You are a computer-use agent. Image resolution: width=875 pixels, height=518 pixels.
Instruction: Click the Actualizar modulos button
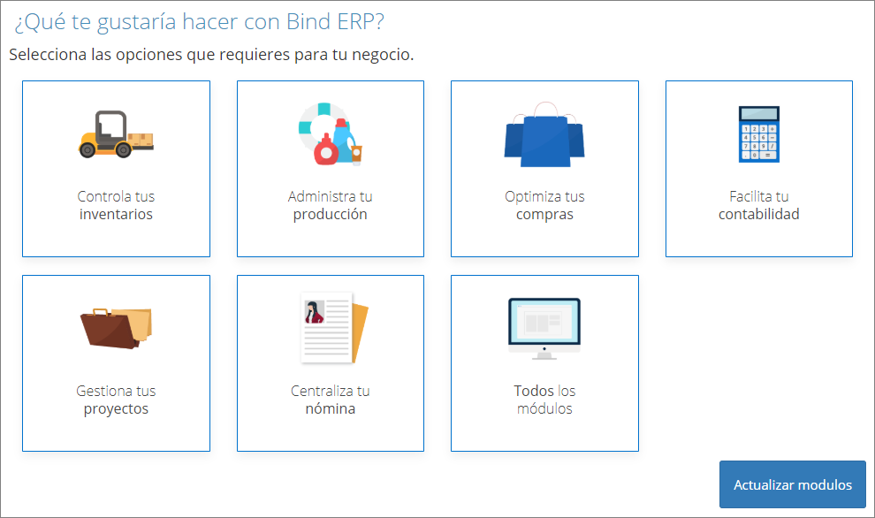pyautogui.click(x=793, y=484)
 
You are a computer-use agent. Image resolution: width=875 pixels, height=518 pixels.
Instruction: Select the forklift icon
pyautogui.click(x=116, y=134)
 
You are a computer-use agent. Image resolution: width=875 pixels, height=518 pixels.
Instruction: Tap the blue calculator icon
pyautogui.click(x=759, y=134)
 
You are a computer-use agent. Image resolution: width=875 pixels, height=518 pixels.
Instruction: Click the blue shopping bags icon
pyautogui.click(x=544, y=134)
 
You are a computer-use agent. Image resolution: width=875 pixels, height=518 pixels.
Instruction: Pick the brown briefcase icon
pyautogui.click(x=116, y=328)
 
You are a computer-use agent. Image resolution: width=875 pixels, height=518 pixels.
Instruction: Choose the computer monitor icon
pyautogui.click(x=544, y=329)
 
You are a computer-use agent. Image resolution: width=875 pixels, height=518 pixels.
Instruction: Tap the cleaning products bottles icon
pyautogui.click(x=331, y=134)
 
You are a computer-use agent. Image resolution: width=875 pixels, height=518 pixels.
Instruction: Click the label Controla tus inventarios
pyautogui.click(x=116, y=205)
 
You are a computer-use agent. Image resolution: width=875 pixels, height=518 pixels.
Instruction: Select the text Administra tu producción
pyautogui.click(x=331, y=205)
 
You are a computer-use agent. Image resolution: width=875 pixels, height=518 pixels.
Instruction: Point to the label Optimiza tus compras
pyautogui.click(x=544, y=205)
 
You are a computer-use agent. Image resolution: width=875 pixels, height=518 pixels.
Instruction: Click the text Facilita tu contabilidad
pyautogui.click(x=759, y=205)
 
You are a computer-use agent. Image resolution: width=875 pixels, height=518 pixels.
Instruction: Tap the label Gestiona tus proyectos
pyautogui.click(x=116, y=400)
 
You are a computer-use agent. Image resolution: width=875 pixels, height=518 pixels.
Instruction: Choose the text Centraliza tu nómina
pyautogui.click(x=331, y=400)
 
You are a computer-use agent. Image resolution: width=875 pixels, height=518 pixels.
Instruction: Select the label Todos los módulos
pyautogui.click(x=544, y=400)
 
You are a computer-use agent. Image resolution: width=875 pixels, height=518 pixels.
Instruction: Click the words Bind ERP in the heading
pyautogui.click(x=335, y=22)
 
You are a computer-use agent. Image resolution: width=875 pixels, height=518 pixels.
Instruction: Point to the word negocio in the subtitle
pyautogui.click(x=382, y=55)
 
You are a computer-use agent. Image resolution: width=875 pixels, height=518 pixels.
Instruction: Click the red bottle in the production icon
pyautogui.click(x=326, y=149)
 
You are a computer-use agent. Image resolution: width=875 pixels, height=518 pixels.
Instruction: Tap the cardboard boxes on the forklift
pyautogui.click(x=141, y=140)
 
